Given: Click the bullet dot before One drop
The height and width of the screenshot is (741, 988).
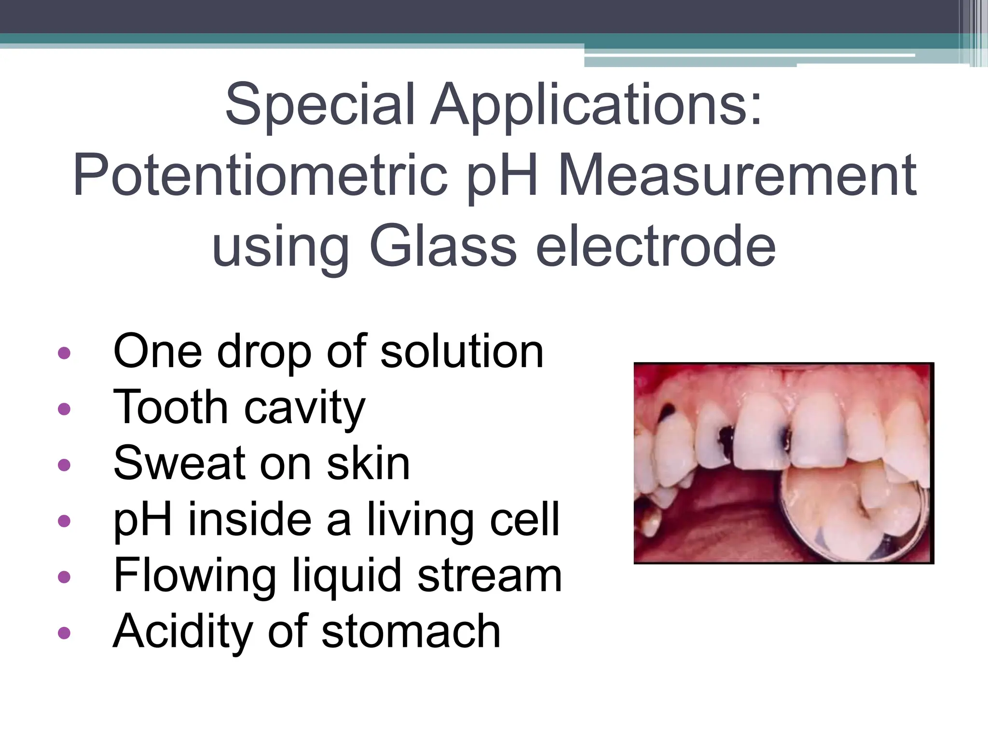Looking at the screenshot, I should pos(64,353).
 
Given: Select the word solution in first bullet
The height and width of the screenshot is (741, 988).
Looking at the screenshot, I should pos(462,352).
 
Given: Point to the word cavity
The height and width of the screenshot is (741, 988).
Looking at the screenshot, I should pos(304,409).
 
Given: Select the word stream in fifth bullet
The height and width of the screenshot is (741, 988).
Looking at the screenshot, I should pos(489,576).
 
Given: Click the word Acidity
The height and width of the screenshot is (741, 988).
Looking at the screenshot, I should pos(183,632).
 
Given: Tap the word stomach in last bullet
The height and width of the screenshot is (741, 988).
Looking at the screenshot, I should pos(411,632).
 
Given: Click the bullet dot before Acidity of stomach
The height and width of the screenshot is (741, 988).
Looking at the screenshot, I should pos(64,632).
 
